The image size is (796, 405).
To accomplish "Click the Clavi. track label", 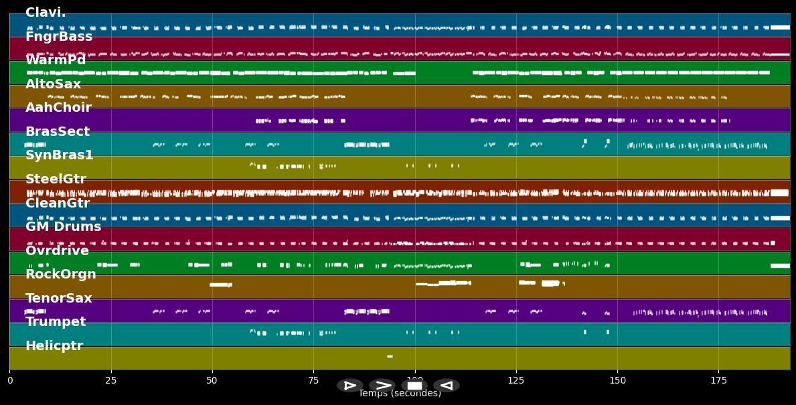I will click(46, 13).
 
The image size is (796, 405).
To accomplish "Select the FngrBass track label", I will click(59, 37).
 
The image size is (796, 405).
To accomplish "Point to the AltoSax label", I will click(53, 84).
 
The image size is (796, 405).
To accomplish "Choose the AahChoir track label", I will click(58, 108).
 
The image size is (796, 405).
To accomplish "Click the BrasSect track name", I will click(58, 132).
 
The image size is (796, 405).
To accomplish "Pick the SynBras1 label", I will click(60, 155).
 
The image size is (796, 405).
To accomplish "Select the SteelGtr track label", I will click(56, 179).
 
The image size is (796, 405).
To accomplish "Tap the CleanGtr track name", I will click(58, 204).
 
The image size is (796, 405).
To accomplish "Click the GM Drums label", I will click(63, 227).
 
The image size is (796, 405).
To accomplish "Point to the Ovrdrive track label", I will click(57, 251).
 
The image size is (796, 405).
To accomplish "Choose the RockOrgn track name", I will click(61, 274).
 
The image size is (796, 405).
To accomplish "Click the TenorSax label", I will click(59, 299).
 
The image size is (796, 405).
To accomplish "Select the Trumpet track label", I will click(56, 322).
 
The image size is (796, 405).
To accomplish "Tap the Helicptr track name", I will click(54, 346).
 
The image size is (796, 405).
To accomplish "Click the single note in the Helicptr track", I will click(390, 356).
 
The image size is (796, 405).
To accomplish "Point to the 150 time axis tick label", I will click(617, 380).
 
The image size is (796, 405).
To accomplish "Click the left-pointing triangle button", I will click(447, 386).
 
